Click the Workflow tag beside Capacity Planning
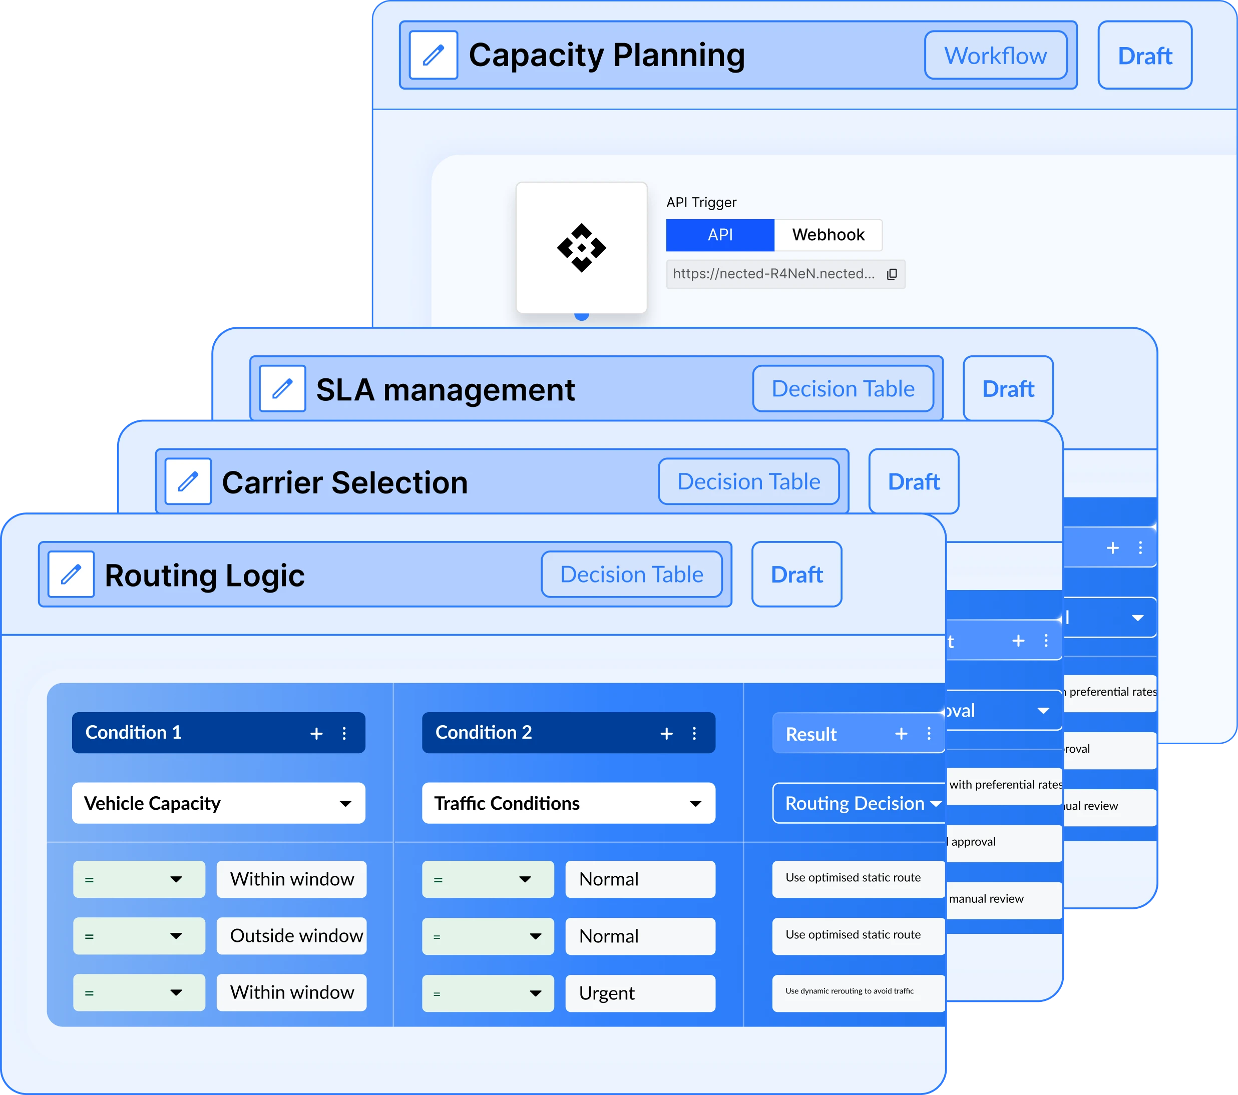click(x=995, y=55)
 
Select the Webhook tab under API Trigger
click(x=828, y=235)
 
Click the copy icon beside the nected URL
click(x=892, y=274)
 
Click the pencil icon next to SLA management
click(x=282, y=389)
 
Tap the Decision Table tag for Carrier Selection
click(x=748, y=481)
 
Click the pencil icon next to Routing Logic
click(x=71, y=574)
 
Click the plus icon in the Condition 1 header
click(x=316, y=734)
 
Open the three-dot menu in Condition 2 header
click(x=694, y=734)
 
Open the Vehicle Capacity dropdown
click(x=218, y=803)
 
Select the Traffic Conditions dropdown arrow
click(x=695, y=804)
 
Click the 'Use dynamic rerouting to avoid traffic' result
click(x=857, y=992)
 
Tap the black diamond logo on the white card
click(x=581, y=248)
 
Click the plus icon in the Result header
click(x=901, y=734)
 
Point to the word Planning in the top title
click(x=678, y=55)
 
